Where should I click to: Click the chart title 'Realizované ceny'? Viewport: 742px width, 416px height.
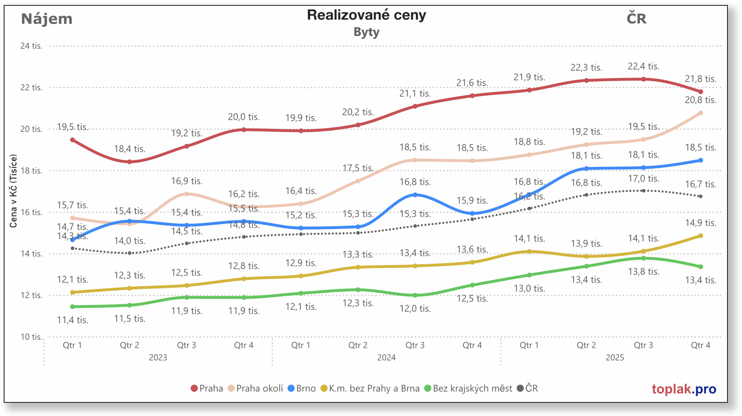click(366, 15)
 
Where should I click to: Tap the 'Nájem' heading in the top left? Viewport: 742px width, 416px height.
click(47, 19)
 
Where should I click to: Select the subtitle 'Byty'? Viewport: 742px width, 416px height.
click(366, 32)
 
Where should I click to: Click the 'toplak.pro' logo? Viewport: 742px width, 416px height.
click(684, 389)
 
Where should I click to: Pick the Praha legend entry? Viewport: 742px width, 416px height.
click(207, 388)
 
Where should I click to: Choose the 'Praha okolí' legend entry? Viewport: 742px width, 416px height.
click(255, 388)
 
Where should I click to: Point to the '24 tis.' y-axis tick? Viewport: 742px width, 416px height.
click(31, 46)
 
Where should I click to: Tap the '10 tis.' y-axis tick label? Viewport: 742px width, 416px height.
click(31, 337)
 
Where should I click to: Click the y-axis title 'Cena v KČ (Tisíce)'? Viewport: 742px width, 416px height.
click(13, 191)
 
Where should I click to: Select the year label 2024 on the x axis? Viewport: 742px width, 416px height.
click(386, 357)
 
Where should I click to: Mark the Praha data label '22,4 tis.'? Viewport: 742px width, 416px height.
click(643, 66)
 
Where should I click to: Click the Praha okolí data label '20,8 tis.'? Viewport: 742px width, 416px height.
click(700, 100)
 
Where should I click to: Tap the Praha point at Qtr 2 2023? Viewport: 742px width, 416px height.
click(130, 162)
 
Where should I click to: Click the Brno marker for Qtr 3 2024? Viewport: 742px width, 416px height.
click(415, 195)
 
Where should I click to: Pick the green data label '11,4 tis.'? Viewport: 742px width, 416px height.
click(72, 320)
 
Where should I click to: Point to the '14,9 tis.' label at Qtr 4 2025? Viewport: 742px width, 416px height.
click(700, 223)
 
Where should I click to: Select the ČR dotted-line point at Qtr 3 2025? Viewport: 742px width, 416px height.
click(643, 191)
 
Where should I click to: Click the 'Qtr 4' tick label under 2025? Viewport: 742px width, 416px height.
click(700, 345)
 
